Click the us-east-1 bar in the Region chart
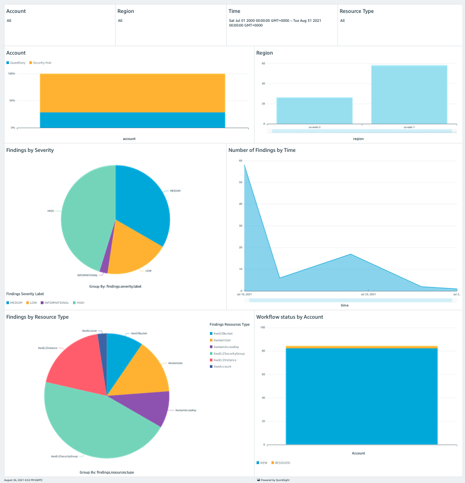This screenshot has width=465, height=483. (409, 94)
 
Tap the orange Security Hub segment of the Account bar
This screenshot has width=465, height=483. (132, 93)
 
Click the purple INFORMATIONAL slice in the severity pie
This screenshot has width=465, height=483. (104, 267)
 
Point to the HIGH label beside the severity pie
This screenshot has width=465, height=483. (51, 211)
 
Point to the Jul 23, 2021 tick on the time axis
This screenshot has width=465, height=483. (368, 294)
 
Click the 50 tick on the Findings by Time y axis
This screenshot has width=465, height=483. (240, 182)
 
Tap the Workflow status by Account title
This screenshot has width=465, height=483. (289, 317)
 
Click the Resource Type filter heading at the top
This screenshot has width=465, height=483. (356, 11)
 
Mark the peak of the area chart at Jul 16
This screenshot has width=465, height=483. (245, 166)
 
